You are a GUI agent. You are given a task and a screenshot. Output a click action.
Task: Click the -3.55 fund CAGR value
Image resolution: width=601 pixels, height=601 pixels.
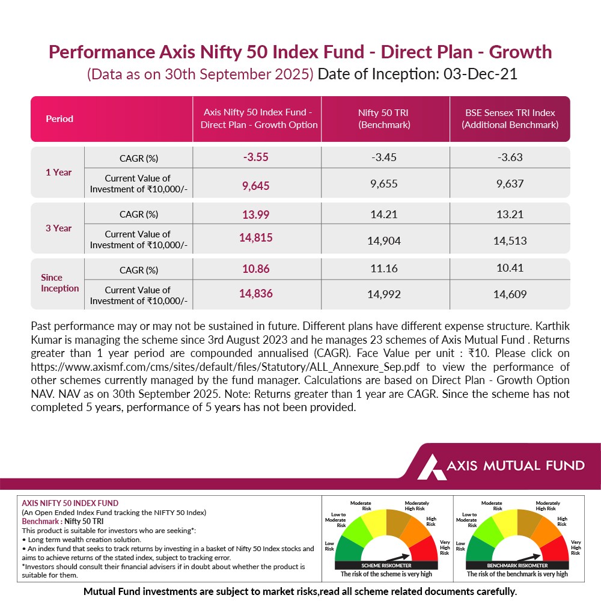coord(255,157)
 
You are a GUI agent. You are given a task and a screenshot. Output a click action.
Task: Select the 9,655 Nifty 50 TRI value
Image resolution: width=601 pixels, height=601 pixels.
coord(385,184)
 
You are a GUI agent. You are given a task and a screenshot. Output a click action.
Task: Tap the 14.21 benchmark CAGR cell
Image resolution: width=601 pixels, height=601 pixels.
coord(385,213)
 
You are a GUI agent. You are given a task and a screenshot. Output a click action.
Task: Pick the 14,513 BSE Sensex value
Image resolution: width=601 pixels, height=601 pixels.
coord(510,240)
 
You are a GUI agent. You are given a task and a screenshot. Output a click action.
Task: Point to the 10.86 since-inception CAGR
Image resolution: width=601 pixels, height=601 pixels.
coord(255,269)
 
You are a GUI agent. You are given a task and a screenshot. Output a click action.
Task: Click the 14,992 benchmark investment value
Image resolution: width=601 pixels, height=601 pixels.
coord(385,294)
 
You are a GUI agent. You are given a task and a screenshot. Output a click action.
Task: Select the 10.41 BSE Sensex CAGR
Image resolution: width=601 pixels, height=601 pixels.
coord(510,269)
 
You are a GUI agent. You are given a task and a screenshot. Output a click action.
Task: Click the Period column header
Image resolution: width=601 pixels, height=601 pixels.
coord(59,119)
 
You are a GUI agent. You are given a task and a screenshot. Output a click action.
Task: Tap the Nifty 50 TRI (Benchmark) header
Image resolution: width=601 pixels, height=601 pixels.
coord(385,119)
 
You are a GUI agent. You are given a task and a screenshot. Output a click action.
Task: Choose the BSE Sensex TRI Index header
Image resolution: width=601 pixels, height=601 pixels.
coord(510,119)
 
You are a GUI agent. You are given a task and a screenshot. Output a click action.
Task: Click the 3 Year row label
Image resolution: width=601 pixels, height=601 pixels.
coord(58,228)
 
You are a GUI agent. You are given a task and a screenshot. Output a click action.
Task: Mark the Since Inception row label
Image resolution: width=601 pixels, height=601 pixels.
coord(59,283)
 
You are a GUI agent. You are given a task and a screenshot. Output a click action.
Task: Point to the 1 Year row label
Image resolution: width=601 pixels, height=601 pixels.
coord(58,172)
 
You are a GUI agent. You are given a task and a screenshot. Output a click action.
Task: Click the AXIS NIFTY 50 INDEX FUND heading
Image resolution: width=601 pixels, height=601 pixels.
coord(70,503)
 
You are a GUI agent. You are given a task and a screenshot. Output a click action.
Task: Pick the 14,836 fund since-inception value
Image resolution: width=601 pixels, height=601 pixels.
coord(255,293)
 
